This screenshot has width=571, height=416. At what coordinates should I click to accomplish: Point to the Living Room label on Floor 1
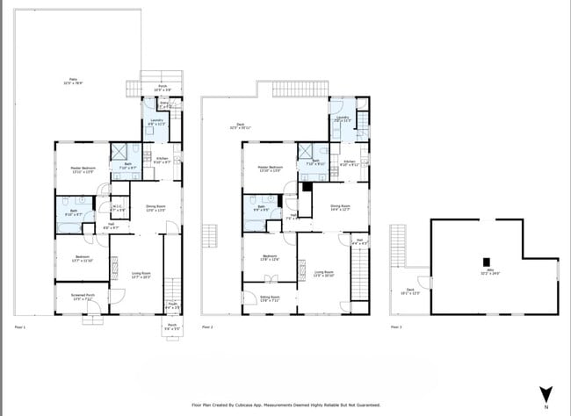[141, 275]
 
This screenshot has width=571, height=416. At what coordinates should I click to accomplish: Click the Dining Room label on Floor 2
[341, 207]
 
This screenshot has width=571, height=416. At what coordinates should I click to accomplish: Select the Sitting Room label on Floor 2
[268, 298]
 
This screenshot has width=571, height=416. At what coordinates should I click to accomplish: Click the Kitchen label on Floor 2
[350, 162]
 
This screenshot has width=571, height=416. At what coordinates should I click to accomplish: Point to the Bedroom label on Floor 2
[268, 257]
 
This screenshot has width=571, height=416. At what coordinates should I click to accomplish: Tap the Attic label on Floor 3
[484, 272]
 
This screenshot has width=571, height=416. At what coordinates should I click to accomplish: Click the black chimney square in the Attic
[486, 261]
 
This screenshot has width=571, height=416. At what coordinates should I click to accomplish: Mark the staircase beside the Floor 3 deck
[398, 247]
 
